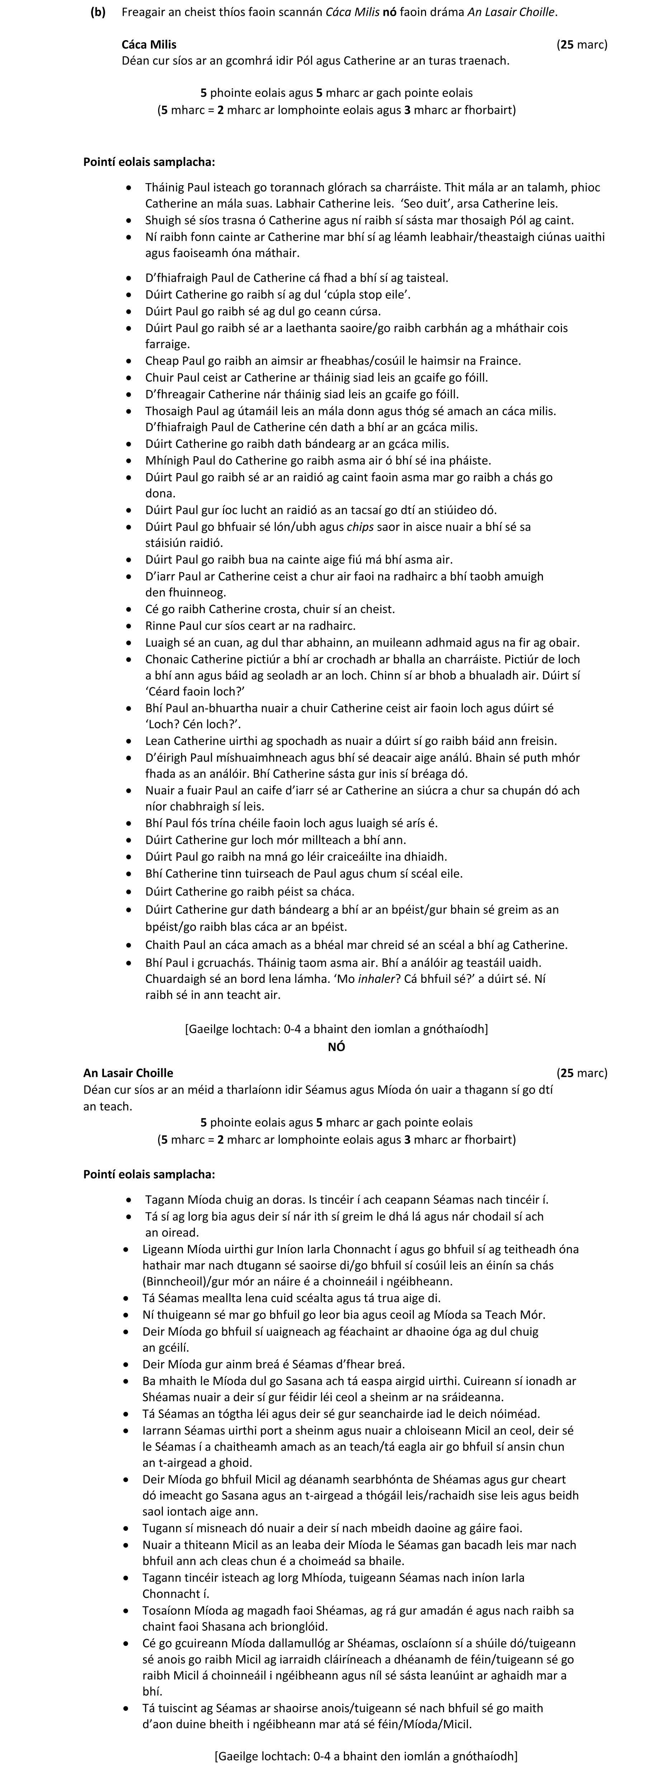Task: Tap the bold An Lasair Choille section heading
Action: tap(128, 1073)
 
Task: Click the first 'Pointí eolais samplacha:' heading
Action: tap(148, 162)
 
